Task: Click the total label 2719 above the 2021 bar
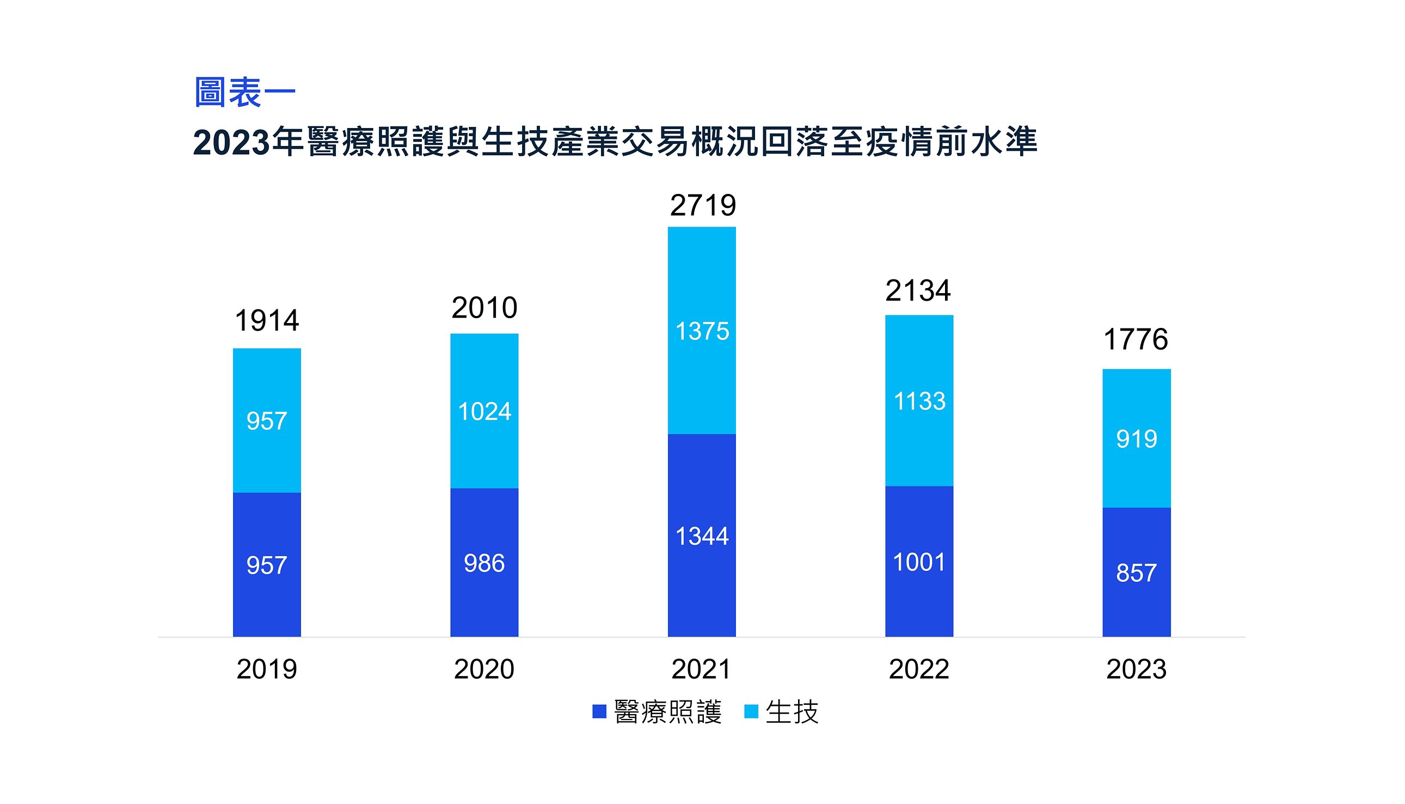coord(702,205)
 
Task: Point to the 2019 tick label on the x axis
coord(267,669)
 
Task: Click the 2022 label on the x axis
coord(919,669)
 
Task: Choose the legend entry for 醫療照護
coord(657,712)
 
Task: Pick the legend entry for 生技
coord(781,712)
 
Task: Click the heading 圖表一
coord(245,92)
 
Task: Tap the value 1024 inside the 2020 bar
coord(484,412)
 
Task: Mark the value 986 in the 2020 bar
coord(484,564)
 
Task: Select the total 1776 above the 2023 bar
coord(1136,339)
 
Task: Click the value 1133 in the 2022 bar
coord(919,401)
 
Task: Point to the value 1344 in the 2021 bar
coord(702,536)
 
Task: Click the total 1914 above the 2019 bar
coord(267,321)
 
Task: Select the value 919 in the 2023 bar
coord(1136,440)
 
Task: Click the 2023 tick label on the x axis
coord(1136,669)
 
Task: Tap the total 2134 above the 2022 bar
coord(918,290)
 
